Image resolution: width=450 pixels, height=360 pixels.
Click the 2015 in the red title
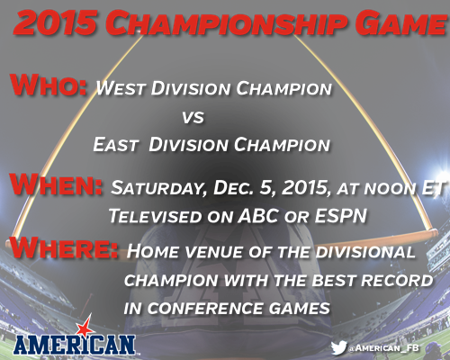55,23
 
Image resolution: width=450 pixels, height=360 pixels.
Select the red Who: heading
49,85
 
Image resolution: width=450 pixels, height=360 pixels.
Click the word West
121,88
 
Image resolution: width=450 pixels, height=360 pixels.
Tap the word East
115,145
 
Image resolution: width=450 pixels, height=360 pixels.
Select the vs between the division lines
193,117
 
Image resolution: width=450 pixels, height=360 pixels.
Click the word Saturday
158,188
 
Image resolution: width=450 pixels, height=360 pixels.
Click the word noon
390,188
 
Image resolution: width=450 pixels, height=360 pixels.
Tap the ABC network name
258,216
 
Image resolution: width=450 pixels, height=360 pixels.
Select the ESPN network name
341,215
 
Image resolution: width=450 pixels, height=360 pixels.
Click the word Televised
156,216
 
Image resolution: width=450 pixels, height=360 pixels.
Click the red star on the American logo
85,326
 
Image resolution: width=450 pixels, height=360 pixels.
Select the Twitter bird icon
339,347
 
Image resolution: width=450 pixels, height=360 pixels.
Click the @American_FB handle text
383,348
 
